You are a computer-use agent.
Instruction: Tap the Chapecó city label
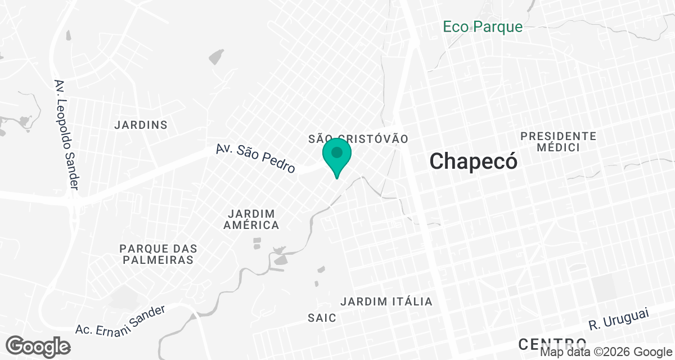473,161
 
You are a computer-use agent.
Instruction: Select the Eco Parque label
483,26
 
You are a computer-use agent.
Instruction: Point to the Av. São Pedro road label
256,158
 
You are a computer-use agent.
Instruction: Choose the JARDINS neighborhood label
141,125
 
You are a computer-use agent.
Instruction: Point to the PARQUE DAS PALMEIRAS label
158,254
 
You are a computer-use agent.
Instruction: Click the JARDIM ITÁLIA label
386,301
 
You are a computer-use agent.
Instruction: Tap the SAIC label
322,318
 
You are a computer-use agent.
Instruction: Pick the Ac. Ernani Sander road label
121,319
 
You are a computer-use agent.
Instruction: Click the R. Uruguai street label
619,318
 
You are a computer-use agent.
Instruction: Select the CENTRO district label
552,343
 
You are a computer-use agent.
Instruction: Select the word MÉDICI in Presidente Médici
558,147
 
